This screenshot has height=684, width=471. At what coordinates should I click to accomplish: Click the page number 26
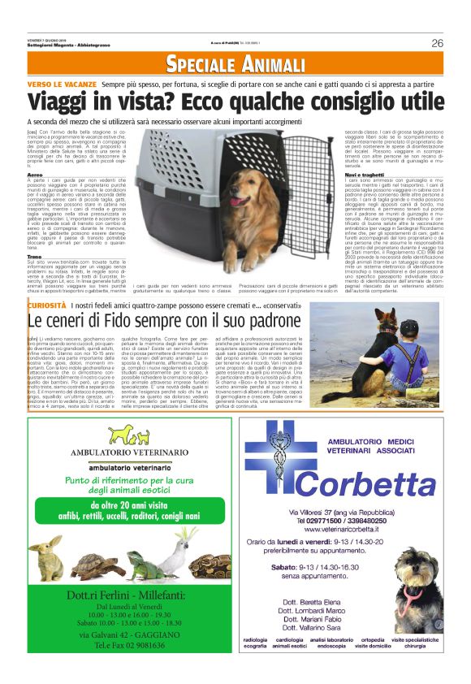pyautogui.click(x=437, y=43)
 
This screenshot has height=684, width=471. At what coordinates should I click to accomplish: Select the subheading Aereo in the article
pyautogui.click(x=35, y=174)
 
